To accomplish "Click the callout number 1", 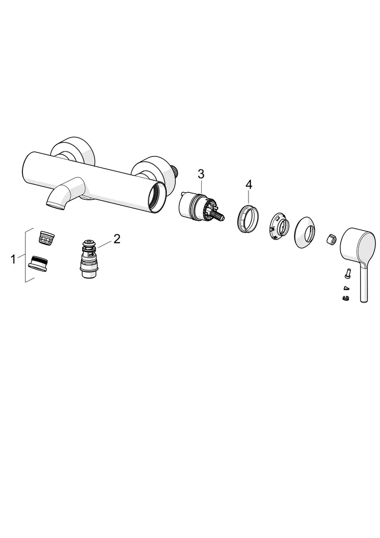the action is click(x=13, y=260).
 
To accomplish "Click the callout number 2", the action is click(x=117, y=239).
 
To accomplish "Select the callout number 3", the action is click(x=201, y=174).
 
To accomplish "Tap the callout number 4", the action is click(x=249, y=185).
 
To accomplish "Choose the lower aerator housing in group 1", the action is click(x=38, y=263).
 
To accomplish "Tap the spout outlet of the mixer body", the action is click(x=56, y=205).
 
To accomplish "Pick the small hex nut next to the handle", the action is click(x=331, y=239).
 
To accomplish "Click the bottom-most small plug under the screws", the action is click(x=345, y=298).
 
